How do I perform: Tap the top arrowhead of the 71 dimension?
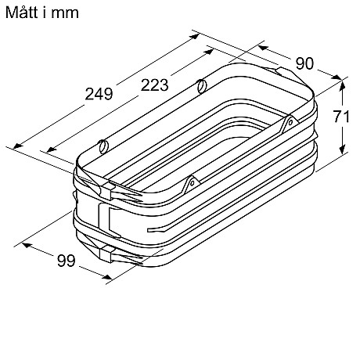tap(341, 82)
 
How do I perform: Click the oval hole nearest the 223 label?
tap(201, 85)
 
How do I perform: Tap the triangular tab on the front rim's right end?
tap(289, 121)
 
